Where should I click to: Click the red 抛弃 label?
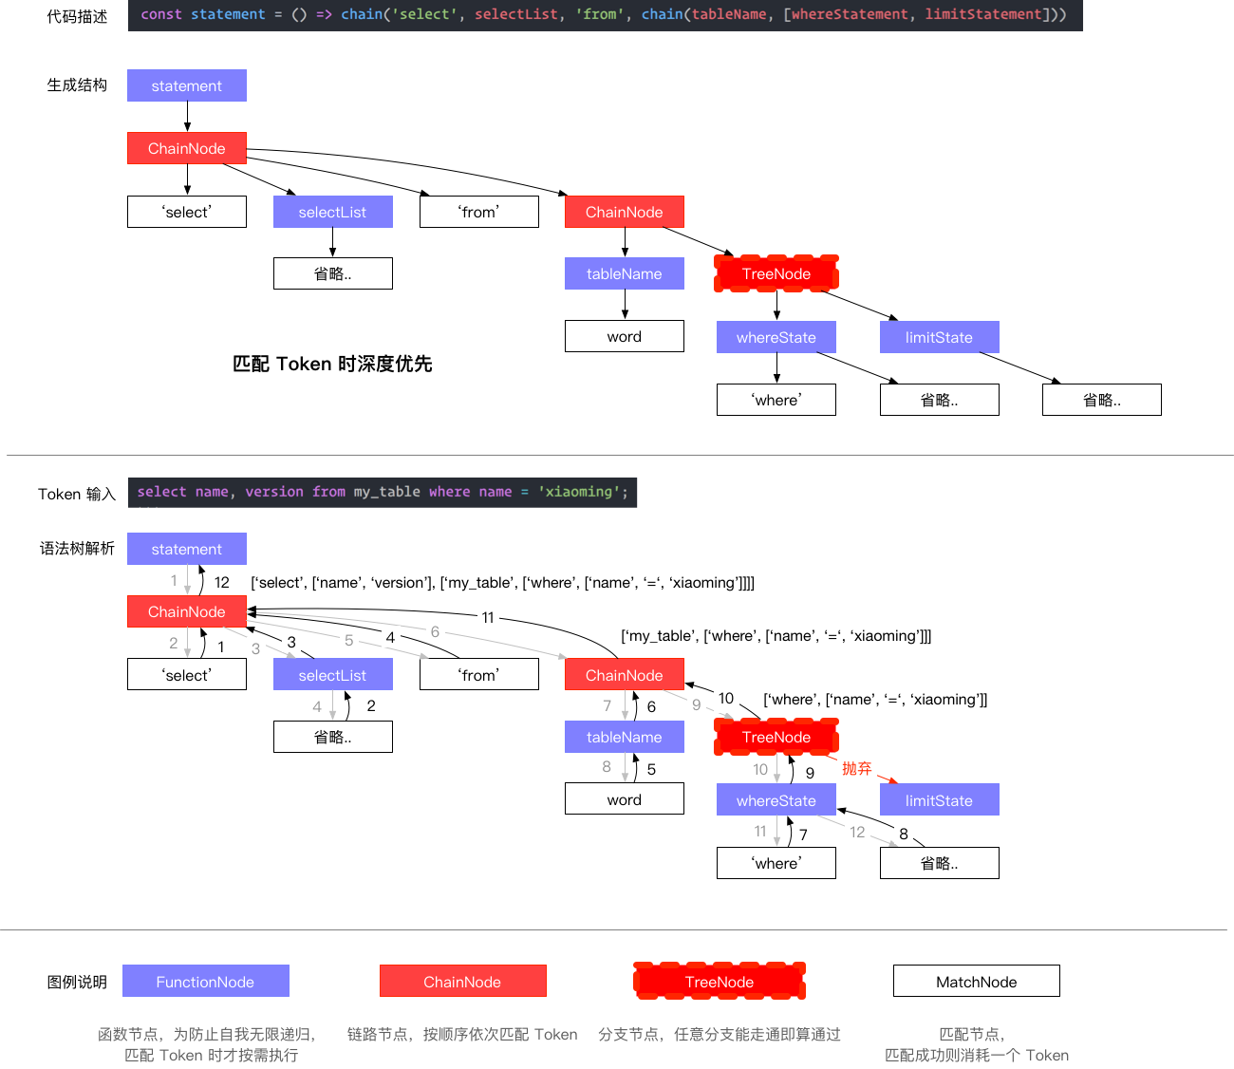click(x=856, y=768)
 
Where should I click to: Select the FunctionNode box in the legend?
click(x=205, y=982)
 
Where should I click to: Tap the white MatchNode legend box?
click(x=976, y=982)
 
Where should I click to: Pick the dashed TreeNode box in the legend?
click(x=720, y=982)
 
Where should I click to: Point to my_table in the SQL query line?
click(x=386, y=492)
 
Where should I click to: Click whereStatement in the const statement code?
click(x=850, y=14)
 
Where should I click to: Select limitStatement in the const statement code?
click(x=983, y=14)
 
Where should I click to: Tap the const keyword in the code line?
click(x=160, y=14)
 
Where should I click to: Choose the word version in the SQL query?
click(x=274, y=492)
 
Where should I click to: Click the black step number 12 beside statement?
click(x=222, y=582)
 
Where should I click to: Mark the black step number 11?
click(x=488, y=617)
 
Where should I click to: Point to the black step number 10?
click(x=726, y=699)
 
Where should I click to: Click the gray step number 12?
click(x=857, y=832)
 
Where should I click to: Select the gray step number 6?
click(x=435, y=631)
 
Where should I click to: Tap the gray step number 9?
click(x=696, y=704)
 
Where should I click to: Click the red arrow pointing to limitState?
click(x=888, y=779)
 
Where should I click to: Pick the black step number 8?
click(x=904, y=834)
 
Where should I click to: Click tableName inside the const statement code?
click(x=729, y=14)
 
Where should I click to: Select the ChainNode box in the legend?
click(x=462, y=982)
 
